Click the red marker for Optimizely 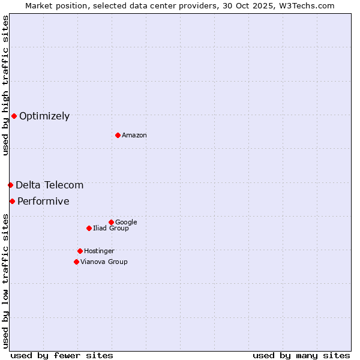(x=14, y=116)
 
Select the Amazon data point (x=118, y=135)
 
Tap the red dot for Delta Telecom (x=10, y=185)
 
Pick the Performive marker (x=12, y=201)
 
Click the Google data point (x=111, y=222)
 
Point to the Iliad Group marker (x=89, y=228)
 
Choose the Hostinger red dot (x=80, y=251)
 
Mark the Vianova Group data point (x=76, y=262)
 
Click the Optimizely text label (x=44, y=116)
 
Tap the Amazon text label (x=134, y=136)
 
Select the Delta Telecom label (x=50, y=185)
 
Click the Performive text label (x=43, y=202)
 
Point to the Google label (x=126, y=223)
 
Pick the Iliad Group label (x=111, y=229)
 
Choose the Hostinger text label (x=99, y=251)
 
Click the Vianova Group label (x=104, y=262)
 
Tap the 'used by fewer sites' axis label (x=62, y=355)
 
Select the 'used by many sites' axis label (x=301, y=355)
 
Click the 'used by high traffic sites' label (x=5, y=85)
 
